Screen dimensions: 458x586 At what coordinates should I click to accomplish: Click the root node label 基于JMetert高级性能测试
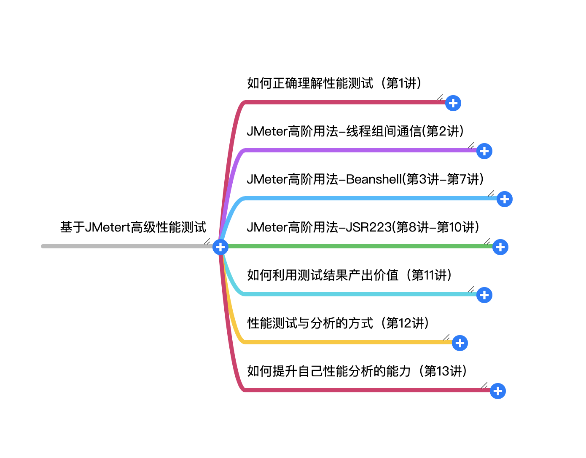[x=133, y=227]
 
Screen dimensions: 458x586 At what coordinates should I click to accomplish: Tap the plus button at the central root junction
[x=220, y=247]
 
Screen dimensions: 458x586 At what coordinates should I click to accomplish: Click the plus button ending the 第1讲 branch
[x=453, y=103]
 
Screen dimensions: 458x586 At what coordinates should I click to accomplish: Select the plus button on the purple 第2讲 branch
[x=484, y=151]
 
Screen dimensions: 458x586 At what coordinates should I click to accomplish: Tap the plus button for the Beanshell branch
[x=504, y=199]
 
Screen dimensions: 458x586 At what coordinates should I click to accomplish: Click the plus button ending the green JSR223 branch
[x=500, y=247]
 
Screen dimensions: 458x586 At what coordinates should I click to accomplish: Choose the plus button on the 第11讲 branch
[x=484, y=295]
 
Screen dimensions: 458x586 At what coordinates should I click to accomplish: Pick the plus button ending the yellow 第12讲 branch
[x=460, y=343]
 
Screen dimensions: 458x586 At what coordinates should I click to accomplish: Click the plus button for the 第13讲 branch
[x=498, y=391]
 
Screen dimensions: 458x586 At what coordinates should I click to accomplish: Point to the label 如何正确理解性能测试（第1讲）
[x=334, y=83]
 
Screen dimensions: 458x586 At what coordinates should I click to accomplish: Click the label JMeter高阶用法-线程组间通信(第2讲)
[x=355, y=131]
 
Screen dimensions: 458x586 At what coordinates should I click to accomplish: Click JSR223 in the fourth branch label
[x=368, y=227]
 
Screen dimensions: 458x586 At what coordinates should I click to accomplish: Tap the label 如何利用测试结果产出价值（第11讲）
[x=349, y=275]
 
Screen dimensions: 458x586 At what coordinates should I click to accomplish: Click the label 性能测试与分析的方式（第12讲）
[x=338, y=323]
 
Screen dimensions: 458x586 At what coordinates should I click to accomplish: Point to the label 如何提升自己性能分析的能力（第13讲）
[x=357, y=371]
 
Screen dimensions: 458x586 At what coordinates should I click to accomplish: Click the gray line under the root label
[x=126, y=246]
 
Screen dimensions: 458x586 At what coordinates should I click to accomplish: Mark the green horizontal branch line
[x=358, y=246]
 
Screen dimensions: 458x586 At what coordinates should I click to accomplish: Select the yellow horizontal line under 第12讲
[x=346, y=342]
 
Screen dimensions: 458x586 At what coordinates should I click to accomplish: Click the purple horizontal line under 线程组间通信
[x=358, y=150]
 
